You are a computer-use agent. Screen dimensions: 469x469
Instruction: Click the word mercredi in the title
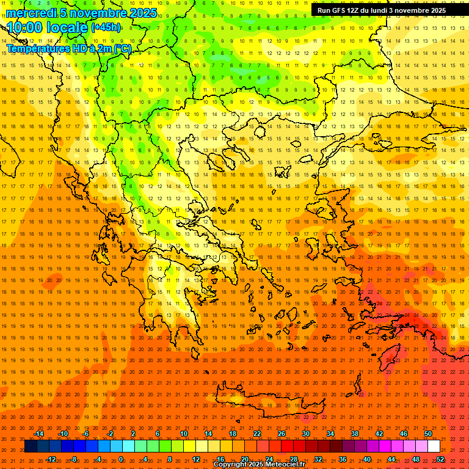[x=31, y=13]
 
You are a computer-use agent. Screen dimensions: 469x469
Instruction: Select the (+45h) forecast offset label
[x=106, y=27]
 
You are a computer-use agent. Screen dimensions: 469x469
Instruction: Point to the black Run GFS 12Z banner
[x=382, y=10]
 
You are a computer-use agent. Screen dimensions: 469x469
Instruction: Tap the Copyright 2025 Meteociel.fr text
[x=259, y=465]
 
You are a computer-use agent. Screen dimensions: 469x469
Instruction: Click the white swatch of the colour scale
[x=434, y=446]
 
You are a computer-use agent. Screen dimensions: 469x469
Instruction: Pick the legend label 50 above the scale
[x=427, y=434]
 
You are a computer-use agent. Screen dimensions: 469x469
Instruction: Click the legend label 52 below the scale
[x=440, y=459]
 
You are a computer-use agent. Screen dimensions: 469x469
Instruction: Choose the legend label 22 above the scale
[x=257, y=434]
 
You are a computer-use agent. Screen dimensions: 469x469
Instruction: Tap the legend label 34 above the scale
[x=330, y=434]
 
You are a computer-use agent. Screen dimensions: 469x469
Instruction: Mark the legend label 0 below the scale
[x=120, y=459]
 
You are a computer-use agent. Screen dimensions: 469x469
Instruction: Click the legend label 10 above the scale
[x=184, y=434]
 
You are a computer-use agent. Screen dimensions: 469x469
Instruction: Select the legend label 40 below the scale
[x=367, y=459]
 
